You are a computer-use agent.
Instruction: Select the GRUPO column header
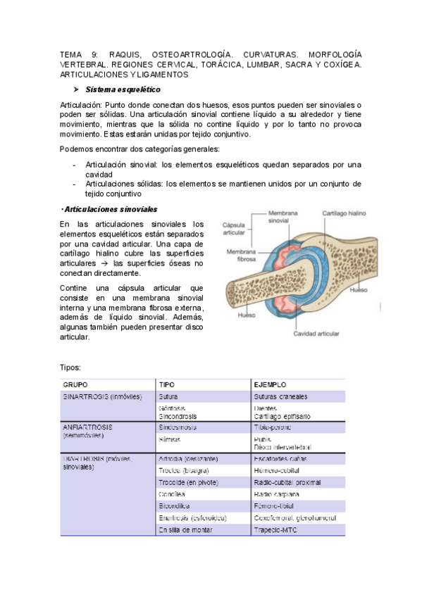click(x=75, y=385)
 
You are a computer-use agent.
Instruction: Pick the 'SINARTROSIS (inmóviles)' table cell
click(x=102, y=396)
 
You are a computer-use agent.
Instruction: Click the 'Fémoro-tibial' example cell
click(x=275, y=505)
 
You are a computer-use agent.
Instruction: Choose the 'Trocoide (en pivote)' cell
click(x=188, y=482)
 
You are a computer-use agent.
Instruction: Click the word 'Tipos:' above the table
click(x=70, y=367)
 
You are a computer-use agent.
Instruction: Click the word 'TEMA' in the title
click(x=70, y=54)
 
